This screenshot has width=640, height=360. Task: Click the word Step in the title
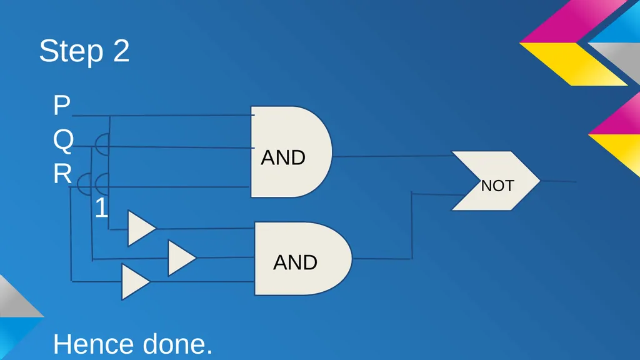71,51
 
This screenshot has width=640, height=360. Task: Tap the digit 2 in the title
121,50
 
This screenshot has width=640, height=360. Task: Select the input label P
62,105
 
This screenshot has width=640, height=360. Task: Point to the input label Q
63,141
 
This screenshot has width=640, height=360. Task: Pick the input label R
62,174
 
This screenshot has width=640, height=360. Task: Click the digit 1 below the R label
102,207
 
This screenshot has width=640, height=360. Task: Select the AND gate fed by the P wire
291,152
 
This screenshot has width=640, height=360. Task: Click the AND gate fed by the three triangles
303,258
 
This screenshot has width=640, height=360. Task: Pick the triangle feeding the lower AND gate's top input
141,228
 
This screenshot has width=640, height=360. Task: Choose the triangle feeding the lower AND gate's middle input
181,257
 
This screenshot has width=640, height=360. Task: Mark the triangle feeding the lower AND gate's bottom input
135,282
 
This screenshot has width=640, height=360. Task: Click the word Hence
94,344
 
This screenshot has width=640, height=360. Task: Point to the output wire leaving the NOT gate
558,181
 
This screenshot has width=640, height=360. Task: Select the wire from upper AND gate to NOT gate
392,156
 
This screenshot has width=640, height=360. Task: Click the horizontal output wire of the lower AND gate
382,259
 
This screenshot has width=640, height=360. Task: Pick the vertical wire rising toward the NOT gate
411,225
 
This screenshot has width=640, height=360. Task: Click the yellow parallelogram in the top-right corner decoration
573,64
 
